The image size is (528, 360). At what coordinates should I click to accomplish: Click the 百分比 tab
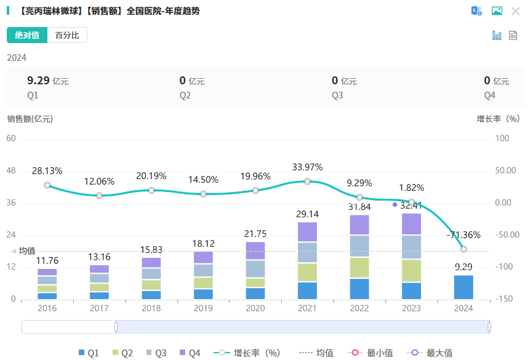(67, 35)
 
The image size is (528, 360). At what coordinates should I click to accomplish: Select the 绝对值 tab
(27, 35)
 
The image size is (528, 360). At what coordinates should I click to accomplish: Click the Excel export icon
(476, 11)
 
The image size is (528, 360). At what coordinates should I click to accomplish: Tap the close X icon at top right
(515, 11)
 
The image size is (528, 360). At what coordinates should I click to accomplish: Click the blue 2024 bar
(463, 287)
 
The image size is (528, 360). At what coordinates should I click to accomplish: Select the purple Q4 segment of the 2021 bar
(307, 231)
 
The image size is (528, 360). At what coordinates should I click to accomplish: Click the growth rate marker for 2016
(47, 185)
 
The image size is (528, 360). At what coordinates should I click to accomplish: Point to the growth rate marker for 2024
(463, 249)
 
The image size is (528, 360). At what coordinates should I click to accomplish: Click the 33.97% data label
(307, 167)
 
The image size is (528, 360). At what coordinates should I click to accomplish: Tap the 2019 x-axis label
(203, 308)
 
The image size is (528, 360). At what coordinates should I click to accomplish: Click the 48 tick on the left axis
(11, 170)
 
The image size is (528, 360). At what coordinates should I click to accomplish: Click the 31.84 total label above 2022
(359, 206)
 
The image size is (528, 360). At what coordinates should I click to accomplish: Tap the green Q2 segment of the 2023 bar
(411, 271)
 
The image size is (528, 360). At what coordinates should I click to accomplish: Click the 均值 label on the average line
(27, 250)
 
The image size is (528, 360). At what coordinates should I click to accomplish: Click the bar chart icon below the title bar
(497, 36)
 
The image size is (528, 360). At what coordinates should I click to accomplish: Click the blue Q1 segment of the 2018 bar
(151, 295)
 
